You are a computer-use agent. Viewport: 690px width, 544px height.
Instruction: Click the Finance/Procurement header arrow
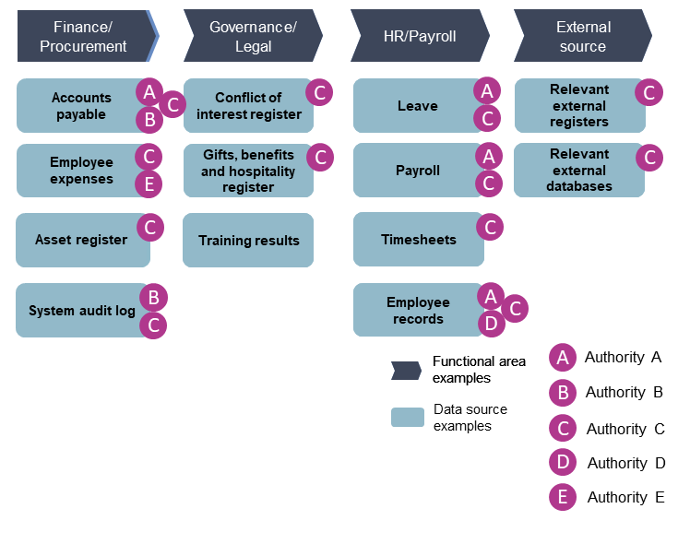click(x=84, y=36)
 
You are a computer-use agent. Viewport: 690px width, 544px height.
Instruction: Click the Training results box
click(x=248, y=241)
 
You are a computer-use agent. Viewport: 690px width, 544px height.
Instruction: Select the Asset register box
click(x=82, y=240)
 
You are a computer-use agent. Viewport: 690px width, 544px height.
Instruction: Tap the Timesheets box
click(x=418, y=240)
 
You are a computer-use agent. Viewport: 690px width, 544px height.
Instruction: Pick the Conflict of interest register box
click(x=248, y=105)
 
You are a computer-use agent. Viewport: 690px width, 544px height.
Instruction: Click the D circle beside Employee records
click(x=491, y=324)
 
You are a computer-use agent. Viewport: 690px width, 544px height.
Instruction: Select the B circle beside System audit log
click(x=152, y=297)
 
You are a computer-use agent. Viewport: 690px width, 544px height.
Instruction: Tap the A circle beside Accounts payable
click(x=149, y=91)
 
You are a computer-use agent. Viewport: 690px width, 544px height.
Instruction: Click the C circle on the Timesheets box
click(x=490, y=226)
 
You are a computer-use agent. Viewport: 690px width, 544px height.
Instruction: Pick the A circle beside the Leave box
click(x=486, y=90)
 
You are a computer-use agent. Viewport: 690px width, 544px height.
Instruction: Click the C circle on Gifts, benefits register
click(x=319, y=157)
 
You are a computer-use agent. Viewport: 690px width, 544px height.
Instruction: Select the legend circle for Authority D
click(x=563, y=463)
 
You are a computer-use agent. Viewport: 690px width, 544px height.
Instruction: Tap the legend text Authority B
click(x=624, y=392)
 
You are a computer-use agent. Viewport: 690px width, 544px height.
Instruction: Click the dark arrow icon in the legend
click(x=407, y=371)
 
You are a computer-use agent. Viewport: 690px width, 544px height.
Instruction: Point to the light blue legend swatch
click(x=407, y=418)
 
